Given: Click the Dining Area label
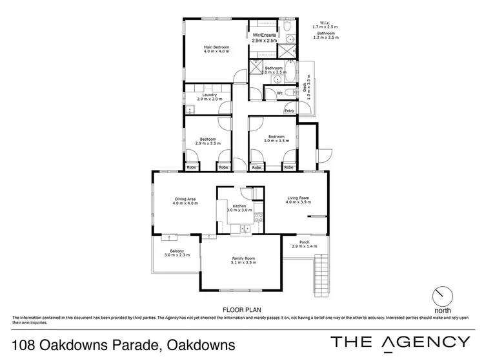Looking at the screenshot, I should pyautogui.click(x=185, y=199).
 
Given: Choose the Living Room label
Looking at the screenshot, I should pyautogui.click(x=298, y=198).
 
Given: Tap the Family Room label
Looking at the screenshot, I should pyautogui.click(x=244, y=258).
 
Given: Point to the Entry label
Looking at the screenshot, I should pyautogui.click(x=289, y=111).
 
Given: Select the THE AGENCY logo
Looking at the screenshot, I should pyautogui.click(x=400, y=342).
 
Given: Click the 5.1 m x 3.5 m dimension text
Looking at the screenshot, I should pyautogui.click(x=244, y=263).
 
